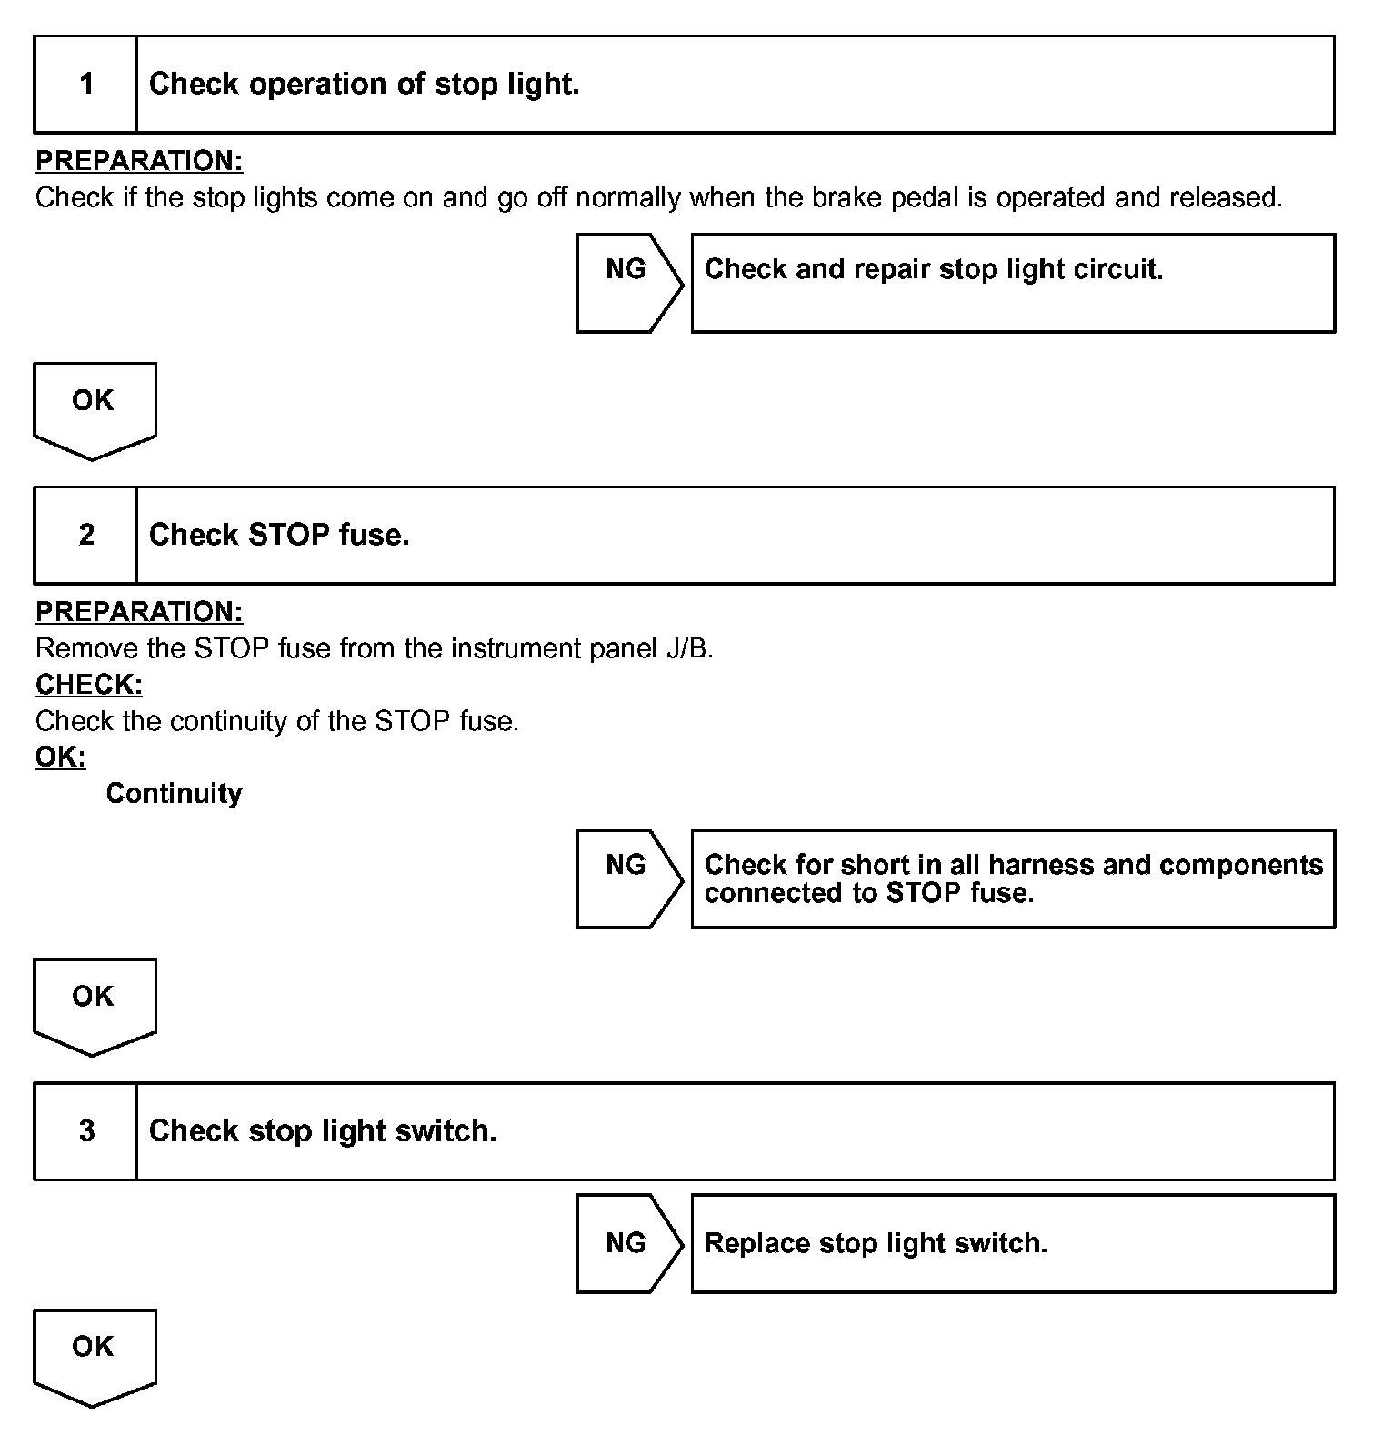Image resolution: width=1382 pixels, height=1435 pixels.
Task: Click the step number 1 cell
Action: tap(86, 85)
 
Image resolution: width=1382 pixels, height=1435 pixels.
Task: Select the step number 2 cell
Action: tap(86, 535)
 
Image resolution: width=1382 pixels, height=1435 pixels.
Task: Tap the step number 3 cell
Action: tap(86, 1130)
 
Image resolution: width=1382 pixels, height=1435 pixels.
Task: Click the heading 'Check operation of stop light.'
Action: tap(364, 85)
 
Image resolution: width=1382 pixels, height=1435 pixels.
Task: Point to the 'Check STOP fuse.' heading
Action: tap(279, 535)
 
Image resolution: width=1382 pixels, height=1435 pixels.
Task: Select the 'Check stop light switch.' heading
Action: tap(323, 1130)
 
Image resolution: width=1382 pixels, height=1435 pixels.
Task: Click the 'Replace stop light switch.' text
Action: tap(876, 1243)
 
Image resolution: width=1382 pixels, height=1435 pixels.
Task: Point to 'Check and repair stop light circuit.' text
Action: tap(934, 269)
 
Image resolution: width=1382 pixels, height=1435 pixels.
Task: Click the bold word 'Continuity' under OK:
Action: tap(174, 794)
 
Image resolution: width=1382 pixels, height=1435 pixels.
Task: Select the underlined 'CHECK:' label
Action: tap(89, 684)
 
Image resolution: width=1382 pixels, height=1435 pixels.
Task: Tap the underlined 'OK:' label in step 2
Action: tap(60, 757)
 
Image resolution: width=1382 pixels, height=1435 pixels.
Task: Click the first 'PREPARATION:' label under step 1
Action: tap(139, 161)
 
